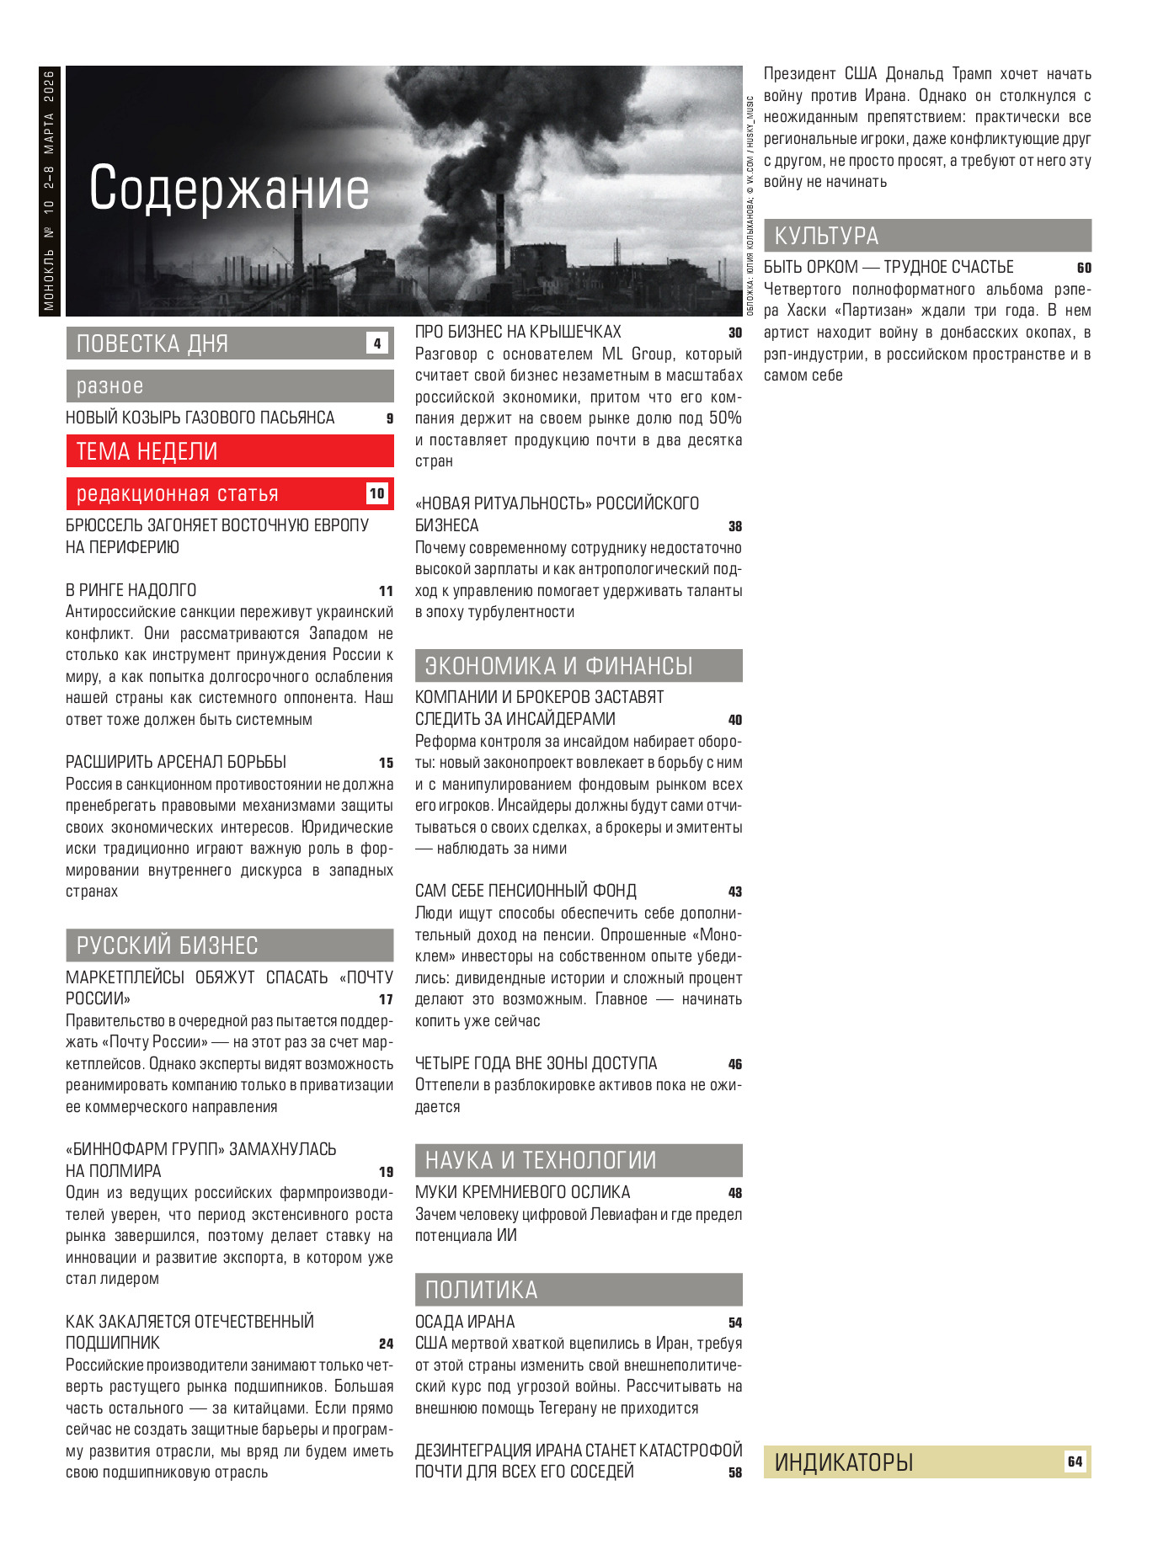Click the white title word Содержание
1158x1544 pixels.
229,189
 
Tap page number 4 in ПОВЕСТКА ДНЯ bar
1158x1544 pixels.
376,343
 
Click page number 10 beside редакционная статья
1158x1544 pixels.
376,494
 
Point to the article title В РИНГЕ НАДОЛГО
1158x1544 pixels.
131,590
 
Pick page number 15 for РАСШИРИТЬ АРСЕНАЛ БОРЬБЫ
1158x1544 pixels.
386,763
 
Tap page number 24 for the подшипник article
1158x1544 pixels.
386,1344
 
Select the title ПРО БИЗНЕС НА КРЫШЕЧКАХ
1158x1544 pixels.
518,333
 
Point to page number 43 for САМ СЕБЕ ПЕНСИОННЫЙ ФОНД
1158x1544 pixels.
734,892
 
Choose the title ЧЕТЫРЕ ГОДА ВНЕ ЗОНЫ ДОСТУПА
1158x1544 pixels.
536,1063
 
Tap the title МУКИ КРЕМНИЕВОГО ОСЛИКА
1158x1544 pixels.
522,1192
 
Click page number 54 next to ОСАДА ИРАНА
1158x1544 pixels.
734,1323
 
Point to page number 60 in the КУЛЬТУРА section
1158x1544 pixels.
1084,268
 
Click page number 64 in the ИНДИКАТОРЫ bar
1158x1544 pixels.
1075,1461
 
